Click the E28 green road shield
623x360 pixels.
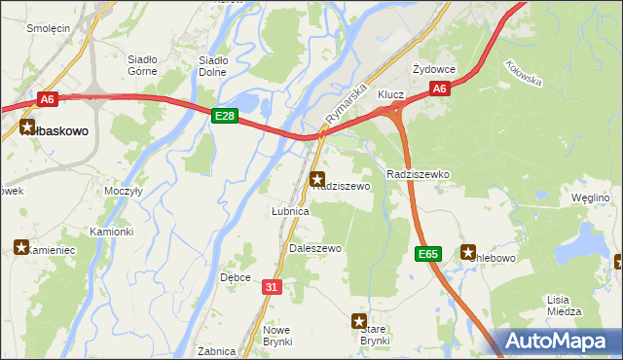[x=225, y=116]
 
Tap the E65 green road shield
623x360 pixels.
[x=427, y=254]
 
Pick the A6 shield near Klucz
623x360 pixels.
[x=439, y=89]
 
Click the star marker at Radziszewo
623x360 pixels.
[x=317, y=179]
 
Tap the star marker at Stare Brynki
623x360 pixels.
[x=359, y=320]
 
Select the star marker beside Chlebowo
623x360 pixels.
[x=467, y=251]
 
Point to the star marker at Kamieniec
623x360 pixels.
[x=21, y=247]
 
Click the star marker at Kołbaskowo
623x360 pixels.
[x=26, y=126]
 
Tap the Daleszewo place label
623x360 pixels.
[x=315, y=249]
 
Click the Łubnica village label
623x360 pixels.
[x=289, y=210]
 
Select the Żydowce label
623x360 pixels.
[x=433, y=70]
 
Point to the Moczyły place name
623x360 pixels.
[x=124, y=192]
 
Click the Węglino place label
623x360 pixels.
[x=590, y=198]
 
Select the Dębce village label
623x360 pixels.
[x=236, y=277]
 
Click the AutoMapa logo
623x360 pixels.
[x=561, y=342]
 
